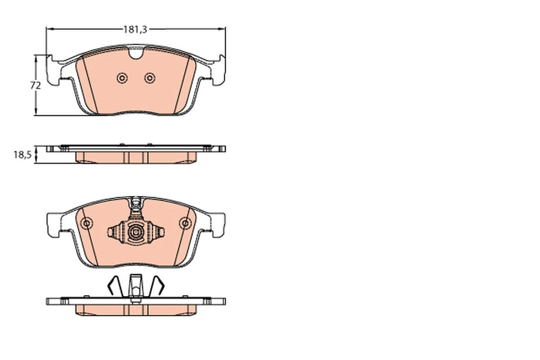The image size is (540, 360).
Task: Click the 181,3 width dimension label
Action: [136, 30]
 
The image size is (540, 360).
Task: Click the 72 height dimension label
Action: [36, 85]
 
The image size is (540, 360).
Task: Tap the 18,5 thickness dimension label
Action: [23, 155]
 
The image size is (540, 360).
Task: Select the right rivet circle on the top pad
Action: [150, 78]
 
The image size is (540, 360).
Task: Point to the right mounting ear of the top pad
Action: [218, 70]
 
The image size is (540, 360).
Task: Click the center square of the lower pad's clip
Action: [136, 232]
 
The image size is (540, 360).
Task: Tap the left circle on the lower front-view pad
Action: [86, 223]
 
